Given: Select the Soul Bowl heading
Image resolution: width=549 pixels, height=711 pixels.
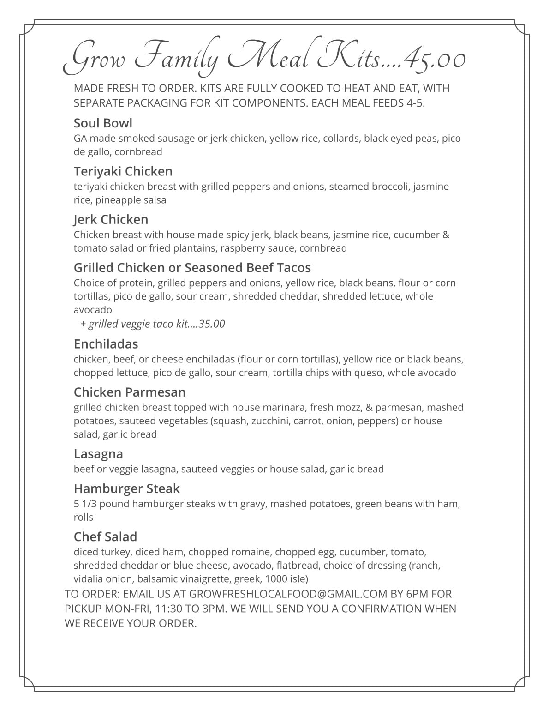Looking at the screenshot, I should (103, 123).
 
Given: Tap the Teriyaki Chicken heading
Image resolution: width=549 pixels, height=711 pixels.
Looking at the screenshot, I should (123, 171).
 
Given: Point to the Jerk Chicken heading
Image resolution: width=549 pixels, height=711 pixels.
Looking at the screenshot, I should (111, 219).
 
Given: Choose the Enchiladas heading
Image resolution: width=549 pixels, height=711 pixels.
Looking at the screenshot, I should (106, 344).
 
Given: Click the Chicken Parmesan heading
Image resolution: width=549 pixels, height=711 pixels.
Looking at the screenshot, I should (130, 392).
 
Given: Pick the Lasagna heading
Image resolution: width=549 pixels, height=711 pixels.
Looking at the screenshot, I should (98, 454).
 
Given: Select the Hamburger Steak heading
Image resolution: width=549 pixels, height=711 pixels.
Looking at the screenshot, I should (126, 488).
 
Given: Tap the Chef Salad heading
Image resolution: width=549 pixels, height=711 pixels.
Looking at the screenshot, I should (105, 536).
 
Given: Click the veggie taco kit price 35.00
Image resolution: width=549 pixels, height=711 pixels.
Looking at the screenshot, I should (212, 324).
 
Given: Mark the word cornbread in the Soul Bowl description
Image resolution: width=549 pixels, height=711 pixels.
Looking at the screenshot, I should (138, 152).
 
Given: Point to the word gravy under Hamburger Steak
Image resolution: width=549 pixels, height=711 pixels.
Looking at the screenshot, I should (253, 504).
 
